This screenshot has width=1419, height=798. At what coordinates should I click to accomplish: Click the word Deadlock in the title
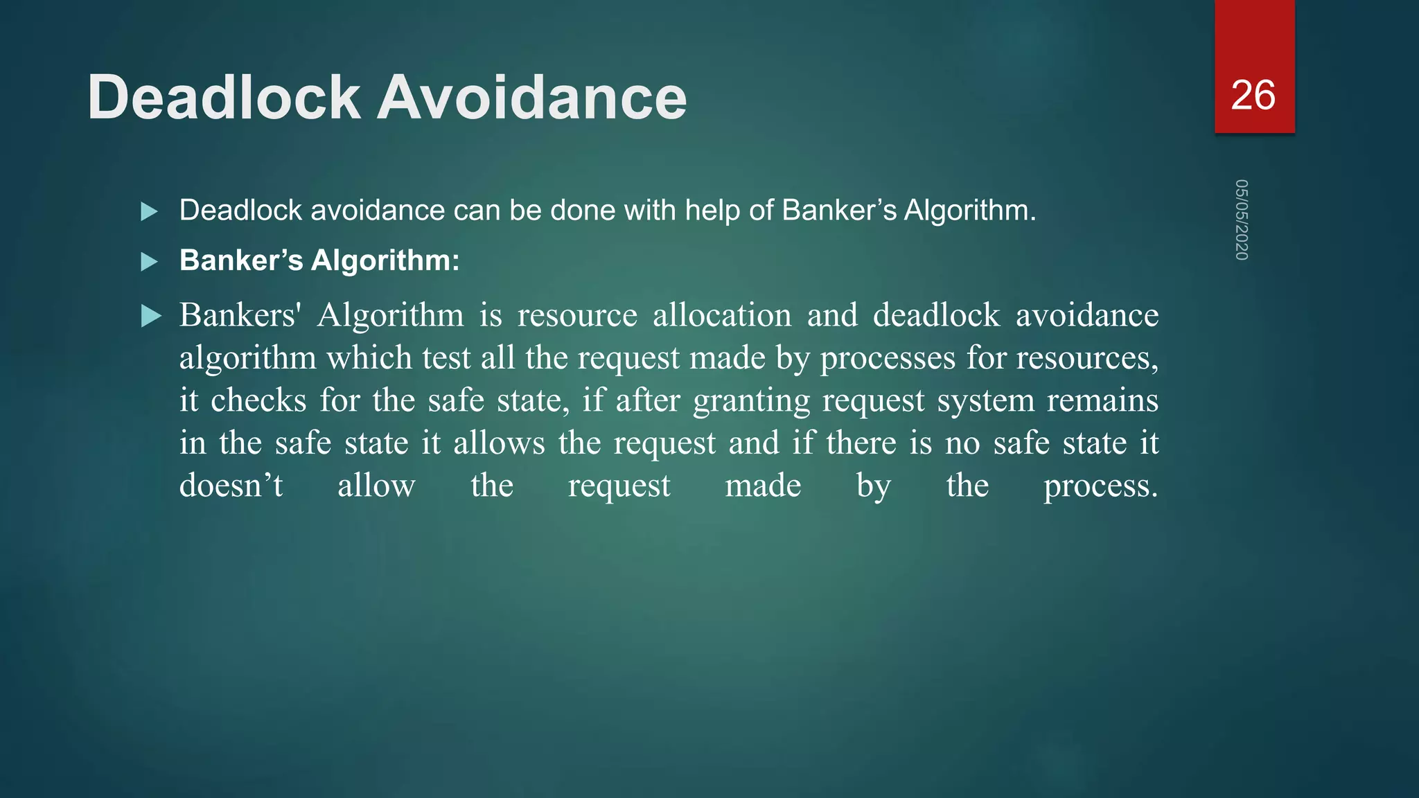pos(224,98)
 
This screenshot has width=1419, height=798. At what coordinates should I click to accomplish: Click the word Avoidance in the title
pos(531,98)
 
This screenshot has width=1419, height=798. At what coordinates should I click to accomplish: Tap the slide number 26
pos(1253,95)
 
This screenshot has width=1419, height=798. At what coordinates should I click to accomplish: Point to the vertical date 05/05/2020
pos(1241,220)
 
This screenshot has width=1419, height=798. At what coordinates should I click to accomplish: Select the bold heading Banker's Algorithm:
pos(319,260)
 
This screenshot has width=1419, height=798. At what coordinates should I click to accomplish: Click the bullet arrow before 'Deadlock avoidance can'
pos(150,211)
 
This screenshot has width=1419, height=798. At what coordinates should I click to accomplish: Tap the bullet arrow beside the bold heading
pos(150,262)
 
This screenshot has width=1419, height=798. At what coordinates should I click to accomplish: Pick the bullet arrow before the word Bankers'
pos(151,317)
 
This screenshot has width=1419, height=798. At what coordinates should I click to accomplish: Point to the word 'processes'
pos(888,359)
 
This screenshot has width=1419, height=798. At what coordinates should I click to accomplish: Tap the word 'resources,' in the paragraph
pos(1087,359)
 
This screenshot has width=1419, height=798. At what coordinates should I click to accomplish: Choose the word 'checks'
pos(258,401)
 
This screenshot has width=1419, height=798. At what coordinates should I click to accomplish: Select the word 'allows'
pos(499,443)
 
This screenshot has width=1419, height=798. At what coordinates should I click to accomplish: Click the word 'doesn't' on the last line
pos(231,486)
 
